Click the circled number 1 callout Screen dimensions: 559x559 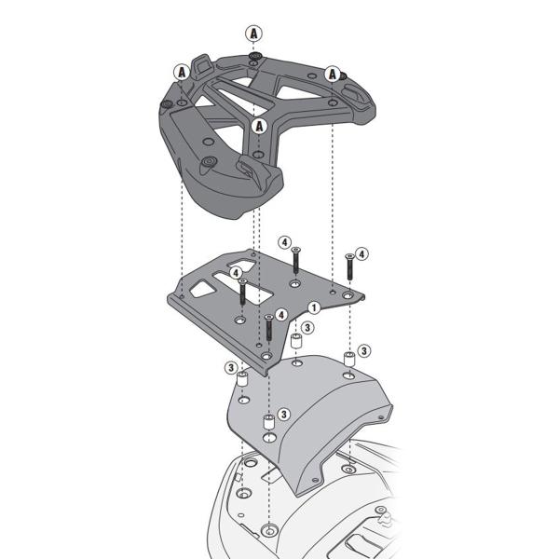[x=314, y=307]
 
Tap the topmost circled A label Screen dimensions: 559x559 [x=253, y=33]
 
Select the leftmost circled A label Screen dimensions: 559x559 [x=181, y=71]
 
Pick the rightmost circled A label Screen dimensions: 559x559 [x=333, y=74]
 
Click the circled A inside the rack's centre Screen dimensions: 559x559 [x=259, y=126]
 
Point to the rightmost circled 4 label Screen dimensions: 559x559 [x=361, y=253]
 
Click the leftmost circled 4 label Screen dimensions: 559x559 [x=236, y=273]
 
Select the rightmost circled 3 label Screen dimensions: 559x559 [x=364, y=350]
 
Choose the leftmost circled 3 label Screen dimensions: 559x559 [x=229, y=368]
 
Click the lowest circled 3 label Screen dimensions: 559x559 [x=284, y=414]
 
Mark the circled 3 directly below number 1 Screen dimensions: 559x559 [x=307, y=328]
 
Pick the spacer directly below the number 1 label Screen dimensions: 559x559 [x=296, y=343]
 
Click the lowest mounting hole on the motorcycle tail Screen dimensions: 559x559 [x=269, y=531]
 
